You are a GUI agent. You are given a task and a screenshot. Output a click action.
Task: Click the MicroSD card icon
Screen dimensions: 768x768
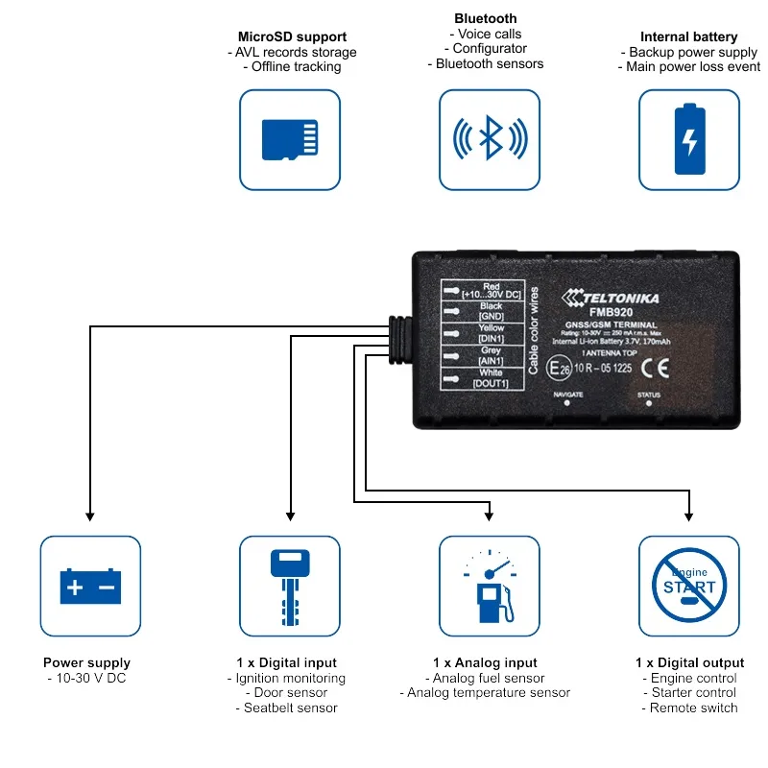(290, 140)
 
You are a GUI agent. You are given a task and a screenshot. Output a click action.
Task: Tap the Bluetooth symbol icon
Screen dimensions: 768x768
(490, 140)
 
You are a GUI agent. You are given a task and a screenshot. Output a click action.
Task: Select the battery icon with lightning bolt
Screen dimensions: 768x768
(689, 140)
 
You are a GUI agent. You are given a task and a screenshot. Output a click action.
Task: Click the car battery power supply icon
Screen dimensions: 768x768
(90, 586)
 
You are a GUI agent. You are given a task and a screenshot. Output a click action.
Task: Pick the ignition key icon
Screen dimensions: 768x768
(290, 586)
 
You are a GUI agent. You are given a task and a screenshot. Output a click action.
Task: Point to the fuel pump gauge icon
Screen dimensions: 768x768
(490, 586)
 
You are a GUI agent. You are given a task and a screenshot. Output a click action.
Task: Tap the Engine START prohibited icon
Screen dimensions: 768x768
(689, 586)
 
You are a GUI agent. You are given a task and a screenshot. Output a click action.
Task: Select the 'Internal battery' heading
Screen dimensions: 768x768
(688, 37)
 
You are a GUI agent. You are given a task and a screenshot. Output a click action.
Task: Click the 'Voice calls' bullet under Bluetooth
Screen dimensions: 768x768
(490, 34)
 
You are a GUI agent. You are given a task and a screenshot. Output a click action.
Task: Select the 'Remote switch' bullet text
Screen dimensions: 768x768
(689, 708)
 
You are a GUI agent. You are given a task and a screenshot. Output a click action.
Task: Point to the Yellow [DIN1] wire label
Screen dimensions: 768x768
(491, 333)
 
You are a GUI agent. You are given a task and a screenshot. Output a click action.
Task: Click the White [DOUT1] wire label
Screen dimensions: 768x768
(491, 378)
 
